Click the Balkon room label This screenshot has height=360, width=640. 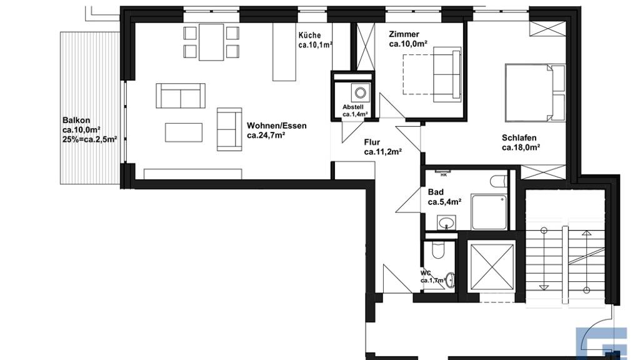point(76,121)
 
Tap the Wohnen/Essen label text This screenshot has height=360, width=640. point(277,126)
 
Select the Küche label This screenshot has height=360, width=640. point(309,35)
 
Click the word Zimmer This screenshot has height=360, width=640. point(404,34)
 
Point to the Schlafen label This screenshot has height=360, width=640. point(519,138)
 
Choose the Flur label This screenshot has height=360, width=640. point(372,142)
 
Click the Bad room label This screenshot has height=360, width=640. point(436,192)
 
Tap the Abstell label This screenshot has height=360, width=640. point(353,107)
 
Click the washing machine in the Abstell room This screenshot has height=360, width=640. point(361,92)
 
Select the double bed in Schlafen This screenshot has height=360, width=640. point(535,92)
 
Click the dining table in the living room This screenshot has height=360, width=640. point(211,42)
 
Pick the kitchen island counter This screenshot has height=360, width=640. point(284,52)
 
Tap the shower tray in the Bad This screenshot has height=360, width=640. point(490,212)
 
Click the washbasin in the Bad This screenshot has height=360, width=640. point(446,223)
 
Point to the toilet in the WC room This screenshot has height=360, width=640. point(437,250)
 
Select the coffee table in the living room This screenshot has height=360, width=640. point(184,132)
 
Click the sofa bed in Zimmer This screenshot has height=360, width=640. point(447,72)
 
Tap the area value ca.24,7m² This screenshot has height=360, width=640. point(266,136)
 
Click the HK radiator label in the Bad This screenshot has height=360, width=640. point(444,175)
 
